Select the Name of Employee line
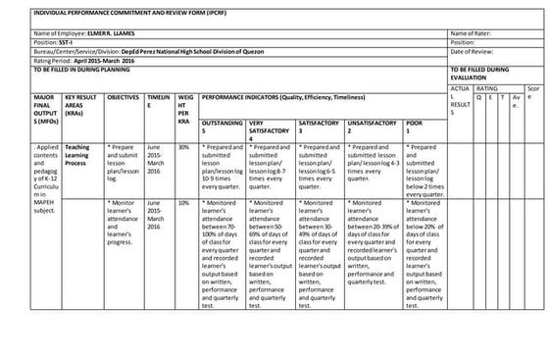pyautogui.click(x=88, y=33)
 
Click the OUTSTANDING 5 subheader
pyautogui.click(x=223, y=127)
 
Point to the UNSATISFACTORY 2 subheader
pyautogui.click(x=372, y=127)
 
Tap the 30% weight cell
pyautogui.click(x=183, y=146)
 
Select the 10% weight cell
pyautogui.click(x=183, y=202)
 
